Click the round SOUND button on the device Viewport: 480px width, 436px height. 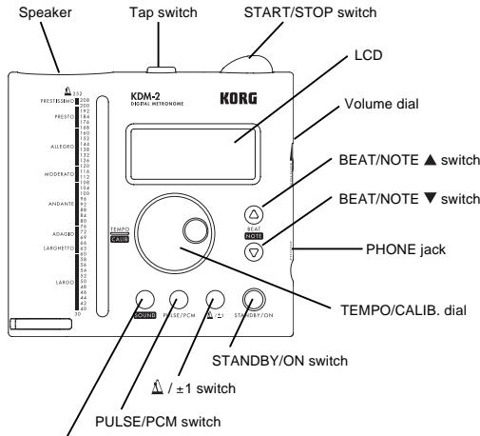pos(144,297)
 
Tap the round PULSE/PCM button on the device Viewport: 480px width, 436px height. pos(180,297)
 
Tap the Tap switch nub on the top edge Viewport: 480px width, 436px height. pos(161,68)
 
